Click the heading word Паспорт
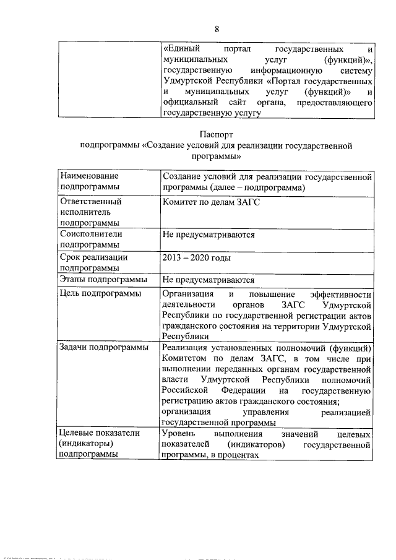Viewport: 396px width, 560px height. (x=216, y=134)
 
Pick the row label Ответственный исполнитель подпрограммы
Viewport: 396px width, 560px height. (x=90, y=212)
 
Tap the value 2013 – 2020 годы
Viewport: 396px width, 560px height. (x=196, y=257)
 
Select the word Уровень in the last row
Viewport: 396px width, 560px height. (x=179, y=434)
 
